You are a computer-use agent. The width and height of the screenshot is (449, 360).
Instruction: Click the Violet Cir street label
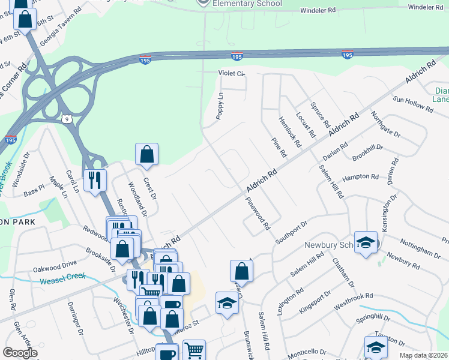(x=232, y=74)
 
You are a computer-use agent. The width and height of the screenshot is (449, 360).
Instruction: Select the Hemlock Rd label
(x=289, y=128)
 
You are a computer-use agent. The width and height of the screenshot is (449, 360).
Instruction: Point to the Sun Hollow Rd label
(x=413, y=104)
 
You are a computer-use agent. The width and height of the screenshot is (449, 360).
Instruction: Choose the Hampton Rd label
(x=360, y=178)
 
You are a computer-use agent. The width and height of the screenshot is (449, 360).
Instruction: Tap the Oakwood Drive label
(x=55, y=262)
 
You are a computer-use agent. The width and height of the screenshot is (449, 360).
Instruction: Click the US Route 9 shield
(x=70, y=119)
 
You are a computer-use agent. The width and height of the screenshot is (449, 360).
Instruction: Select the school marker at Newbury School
(x=366, y=242)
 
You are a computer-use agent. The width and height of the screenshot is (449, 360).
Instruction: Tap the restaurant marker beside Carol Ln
(x=95, y=180)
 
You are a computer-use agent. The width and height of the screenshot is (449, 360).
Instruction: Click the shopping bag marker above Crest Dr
(x=146, y=154)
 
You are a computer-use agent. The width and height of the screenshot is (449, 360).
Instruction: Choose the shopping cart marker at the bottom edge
(x=194, y=350)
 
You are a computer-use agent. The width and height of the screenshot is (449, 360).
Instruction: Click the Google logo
(x=20, y=353)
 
